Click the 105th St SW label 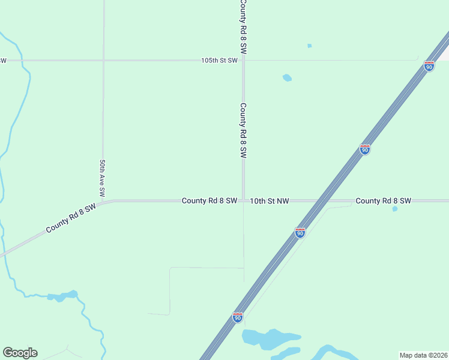pos(219,61)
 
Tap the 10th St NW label pos(270,201)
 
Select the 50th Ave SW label pos(103,178)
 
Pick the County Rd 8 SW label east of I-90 pos(383,200)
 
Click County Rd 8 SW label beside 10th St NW pos(209,200)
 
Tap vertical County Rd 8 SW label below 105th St pos(243,130)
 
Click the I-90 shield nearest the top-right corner pos(429,66)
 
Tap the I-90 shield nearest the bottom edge pos(238,317)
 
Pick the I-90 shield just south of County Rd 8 pos(300,232)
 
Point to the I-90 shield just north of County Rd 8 pos(364,149)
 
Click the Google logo pos(20,353)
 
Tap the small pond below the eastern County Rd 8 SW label pos(394,209)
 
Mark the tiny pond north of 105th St pos(309,46)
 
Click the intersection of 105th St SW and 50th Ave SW pos(103,61)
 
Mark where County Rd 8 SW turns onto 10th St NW pos(243,200)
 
